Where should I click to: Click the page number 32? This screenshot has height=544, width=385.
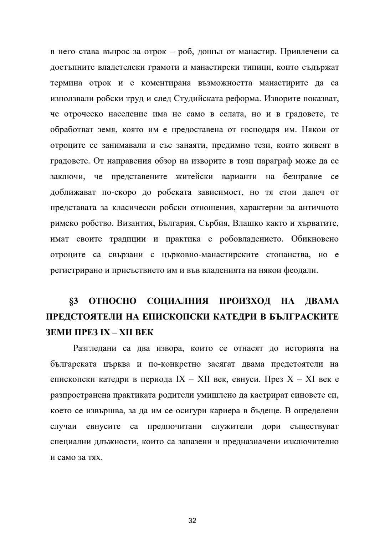click(192, 520)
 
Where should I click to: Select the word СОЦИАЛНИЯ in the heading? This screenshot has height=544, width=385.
click(178, 301)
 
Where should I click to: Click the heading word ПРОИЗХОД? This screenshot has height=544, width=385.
click(245, 301)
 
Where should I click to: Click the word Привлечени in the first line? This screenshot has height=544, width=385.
click(303, 52)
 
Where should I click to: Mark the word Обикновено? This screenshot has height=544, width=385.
click(315, 239)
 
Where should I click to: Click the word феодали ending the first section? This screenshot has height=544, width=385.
click(300, 270)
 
